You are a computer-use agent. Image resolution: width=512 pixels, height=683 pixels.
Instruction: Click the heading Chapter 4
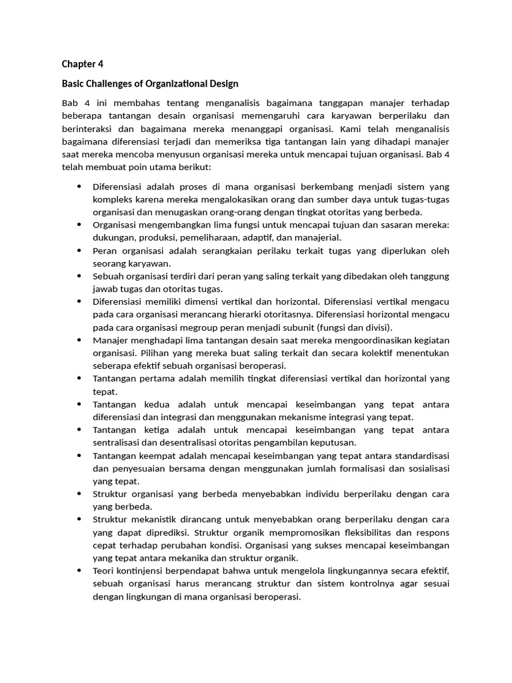[x=83, y=65]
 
